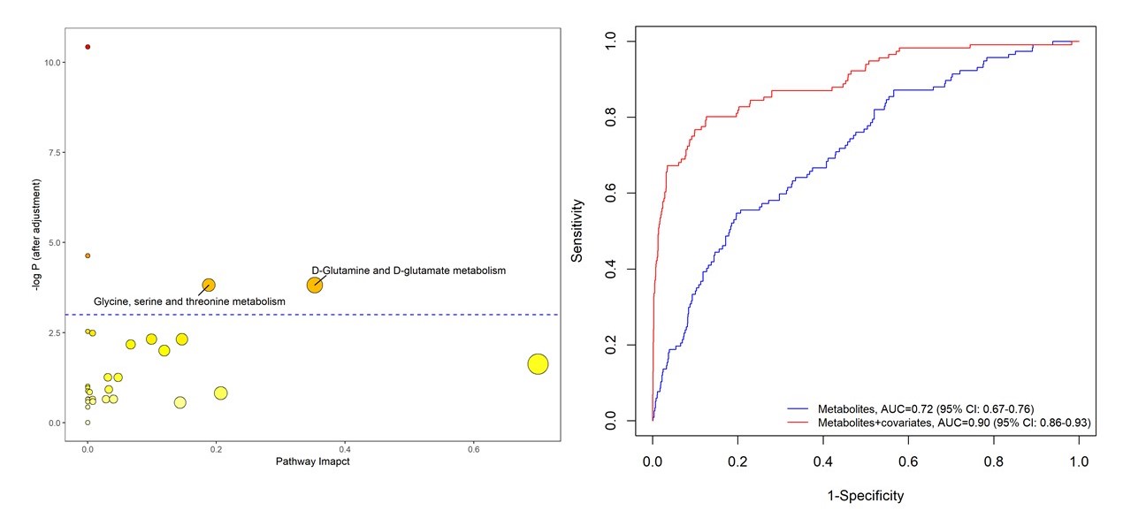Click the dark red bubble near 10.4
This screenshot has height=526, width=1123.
[x=88, y=47]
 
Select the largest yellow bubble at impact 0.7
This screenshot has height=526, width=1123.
[x=538, y=363]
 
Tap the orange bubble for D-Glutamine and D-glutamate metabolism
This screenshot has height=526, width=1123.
[x=315, y=285]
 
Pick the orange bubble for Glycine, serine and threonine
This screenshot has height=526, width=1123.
[x=209, y=285]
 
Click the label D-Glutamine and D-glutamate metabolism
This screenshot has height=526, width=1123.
[x=408, y=271]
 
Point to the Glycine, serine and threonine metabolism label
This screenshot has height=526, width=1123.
[x=189, y=302]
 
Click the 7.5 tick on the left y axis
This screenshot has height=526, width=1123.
[x=54, y=153]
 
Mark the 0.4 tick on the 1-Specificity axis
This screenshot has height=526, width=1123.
[x=822, y=462]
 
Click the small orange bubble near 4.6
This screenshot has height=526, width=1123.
[x=88, y=255]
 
